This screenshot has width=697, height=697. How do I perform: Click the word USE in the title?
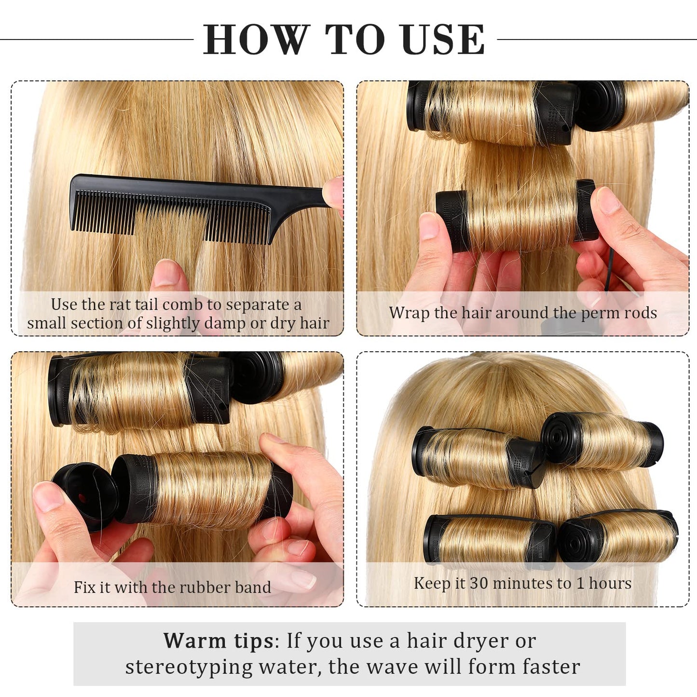pos(442,40)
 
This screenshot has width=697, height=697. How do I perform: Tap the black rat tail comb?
pos(169,207)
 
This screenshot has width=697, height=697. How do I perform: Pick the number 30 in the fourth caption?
pos(479,583)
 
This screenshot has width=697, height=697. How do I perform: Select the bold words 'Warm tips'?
pos(219,641)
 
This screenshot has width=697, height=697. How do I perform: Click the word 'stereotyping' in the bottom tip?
pos(189,667)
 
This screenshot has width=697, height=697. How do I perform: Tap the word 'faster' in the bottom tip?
pos(551,667)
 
